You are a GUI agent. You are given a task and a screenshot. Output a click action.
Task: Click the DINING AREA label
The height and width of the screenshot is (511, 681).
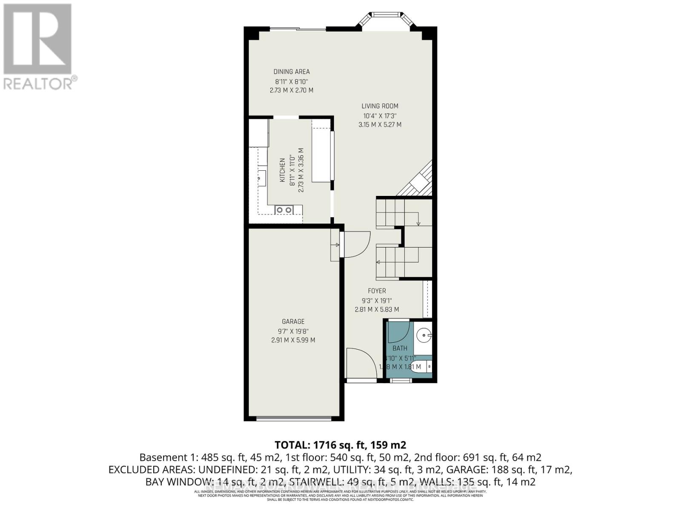pos(292,72)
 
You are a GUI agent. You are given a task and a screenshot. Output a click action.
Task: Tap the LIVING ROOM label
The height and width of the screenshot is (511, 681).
pos(380,106)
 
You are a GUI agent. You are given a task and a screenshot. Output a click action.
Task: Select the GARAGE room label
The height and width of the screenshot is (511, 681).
pos(293,322)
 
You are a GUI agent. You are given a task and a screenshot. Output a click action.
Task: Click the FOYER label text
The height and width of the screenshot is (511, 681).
pos(377,291)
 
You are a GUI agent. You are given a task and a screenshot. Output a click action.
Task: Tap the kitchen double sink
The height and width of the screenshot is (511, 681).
pos(284,210)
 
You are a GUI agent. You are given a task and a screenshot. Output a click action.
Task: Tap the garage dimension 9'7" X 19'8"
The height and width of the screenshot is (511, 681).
pos(293,331)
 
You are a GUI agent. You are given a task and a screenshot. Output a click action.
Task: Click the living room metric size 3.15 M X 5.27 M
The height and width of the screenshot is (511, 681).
pos(380,125)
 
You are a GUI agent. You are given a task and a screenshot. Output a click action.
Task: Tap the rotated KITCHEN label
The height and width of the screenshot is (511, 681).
pos(282,170)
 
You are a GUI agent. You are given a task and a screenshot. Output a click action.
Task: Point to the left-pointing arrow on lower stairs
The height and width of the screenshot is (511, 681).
pos(378,262)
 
